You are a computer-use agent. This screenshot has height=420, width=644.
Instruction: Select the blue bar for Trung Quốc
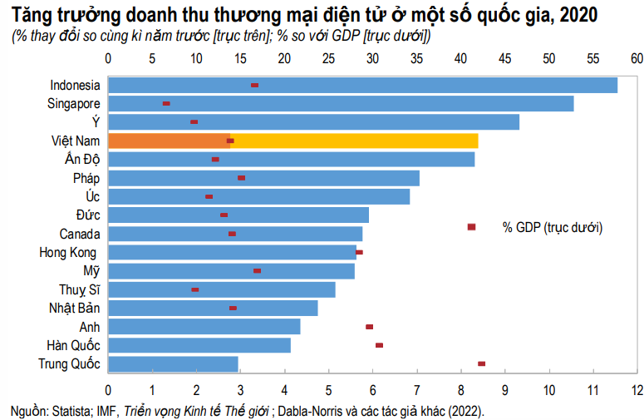pyautogui.click(x=173, y=363)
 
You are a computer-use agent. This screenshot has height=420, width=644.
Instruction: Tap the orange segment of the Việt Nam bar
pyautogui.click(x=168, y=141)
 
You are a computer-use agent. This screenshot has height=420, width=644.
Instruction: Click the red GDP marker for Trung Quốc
pyautogui.click(x=481, y=363)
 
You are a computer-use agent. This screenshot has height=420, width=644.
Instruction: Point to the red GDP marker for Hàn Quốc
pyautogui.click(x=379, y=345)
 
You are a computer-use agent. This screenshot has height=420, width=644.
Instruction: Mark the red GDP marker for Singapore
pyautogui.click(x=166, y=103)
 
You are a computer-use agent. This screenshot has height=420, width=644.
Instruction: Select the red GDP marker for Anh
pyautogui.click(x=369, y=327)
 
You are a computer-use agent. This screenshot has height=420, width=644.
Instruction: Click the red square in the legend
pyautogui.click(x=471, y=227)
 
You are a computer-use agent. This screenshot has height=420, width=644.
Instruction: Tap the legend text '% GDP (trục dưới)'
pyautogui.click(x=552, y=227)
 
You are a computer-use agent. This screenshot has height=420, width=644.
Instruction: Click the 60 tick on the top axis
pyautogui.click(x=637, y=59)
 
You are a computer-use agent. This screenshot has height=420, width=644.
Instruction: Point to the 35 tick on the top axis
pyautogui.click(x=416, y=59)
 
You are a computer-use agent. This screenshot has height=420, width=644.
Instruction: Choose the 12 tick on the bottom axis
pyautogui.click(x=637, y=389)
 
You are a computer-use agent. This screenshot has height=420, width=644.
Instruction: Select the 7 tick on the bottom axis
pyautogui.click(x=416, y=389)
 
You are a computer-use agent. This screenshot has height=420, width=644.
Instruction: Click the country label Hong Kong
pyautogui.click(x=69, y=252)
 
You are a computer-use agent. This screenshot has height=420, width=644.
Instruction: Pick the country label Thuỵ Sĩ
pyautogui.click(x=79, y=289)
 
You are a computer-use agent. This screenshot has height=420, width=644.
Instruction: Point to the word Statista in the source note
pyautogui.click(x=73, y=410)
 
